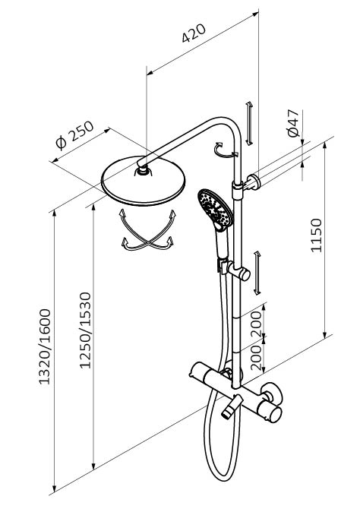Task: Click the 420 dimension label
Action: (194, 33)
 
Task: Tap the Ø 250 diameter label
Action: (74, 135)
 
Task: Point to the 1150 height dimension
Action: (316, 235)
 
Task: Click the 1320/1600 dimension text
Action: (45, 346)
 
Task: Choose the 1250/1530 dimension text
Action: (85, 330)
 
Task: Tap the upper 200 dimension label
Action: (257, 324)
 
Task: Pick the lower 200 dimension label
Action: (257, 359)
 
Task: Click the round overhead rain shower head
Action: (143, 182)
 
